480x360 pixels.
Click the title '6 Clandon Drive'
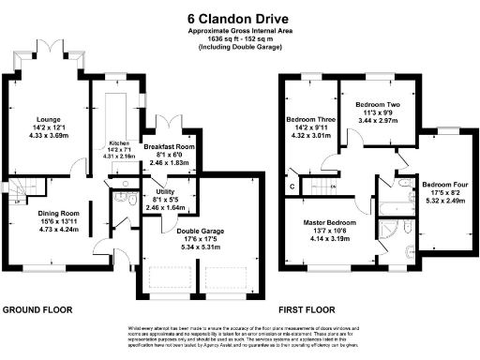pyautogui.click(x=240, y=17)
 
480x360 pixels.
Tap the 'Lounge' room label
pyautogui.click(x=49, y=120)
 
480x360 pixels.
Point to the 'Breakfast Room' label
pyautogui.click(x=169, y=147)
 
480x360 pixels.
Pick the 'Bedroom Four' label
pyautogui.click(x=442, y=185)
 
